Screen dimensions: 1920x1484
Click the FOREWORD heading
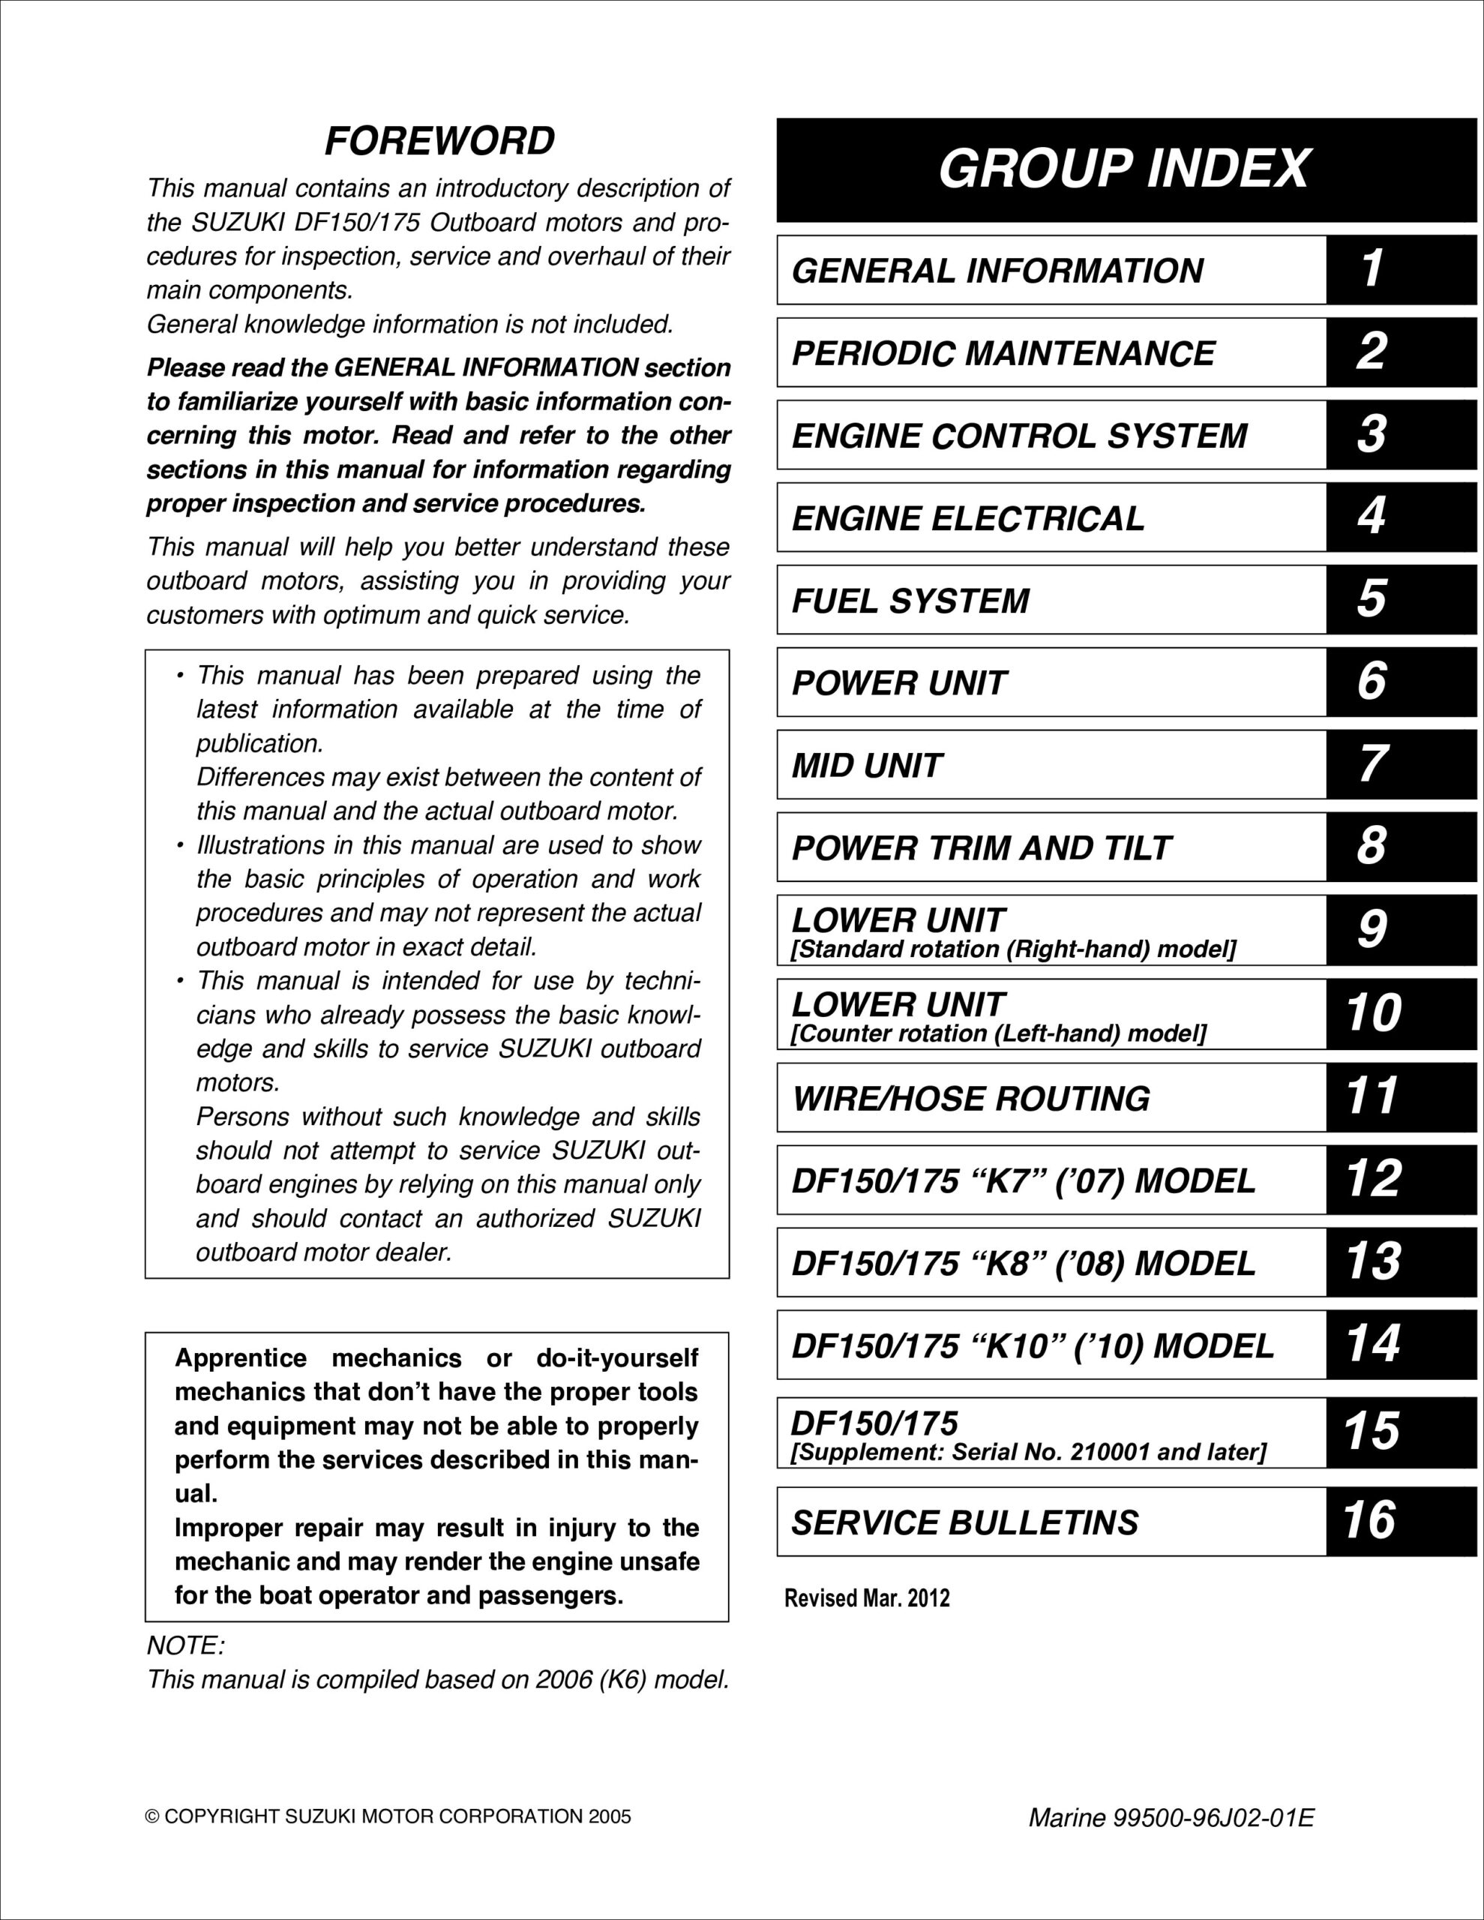click(439, 141)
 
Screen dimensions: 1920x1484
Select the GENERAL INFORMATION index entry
click(998, 271)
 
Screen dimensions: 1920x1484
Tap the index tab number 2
click(1372, 352)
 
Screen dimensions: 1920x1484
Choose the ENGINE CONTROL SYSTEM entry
click(1020, 436)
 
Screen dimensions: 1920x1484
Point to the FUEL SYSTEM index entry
click(911, 601)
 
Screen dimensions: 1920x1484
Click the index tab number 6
click(1372, 681)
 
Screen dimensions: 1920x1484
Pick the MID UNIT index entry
click(867, 766)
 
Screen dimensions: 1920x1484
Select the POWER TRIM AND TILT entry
click(981, 848)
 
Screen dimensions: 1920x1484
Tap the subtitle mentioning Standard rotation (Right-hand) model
click(1014, 950)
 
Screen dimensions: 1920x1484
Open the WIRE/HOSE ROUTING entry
click(970, 1099)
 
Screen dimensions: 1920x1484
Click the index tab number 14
click(1373, 1344)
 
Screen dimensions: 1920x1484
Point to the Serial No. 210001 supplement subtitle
click(1029, 1452)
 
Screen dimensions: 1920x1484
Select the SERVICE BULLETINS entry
click(965, 1522)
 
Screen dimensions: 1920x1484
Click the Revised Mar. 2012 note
click(867, 1598)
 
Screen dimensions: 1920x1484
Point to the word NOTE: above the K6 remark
click(185, 1645)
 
